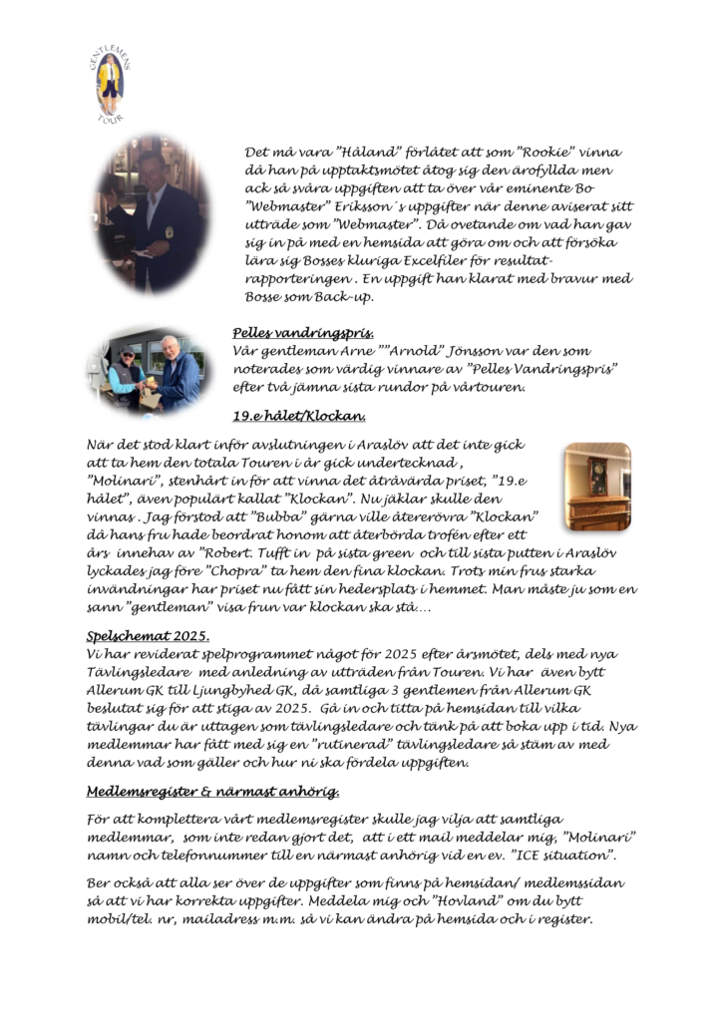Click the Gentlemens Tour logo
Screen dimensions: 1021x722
[x=110, y=84]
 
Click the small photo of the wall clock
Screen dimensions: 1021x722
[x=597, y=486]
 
